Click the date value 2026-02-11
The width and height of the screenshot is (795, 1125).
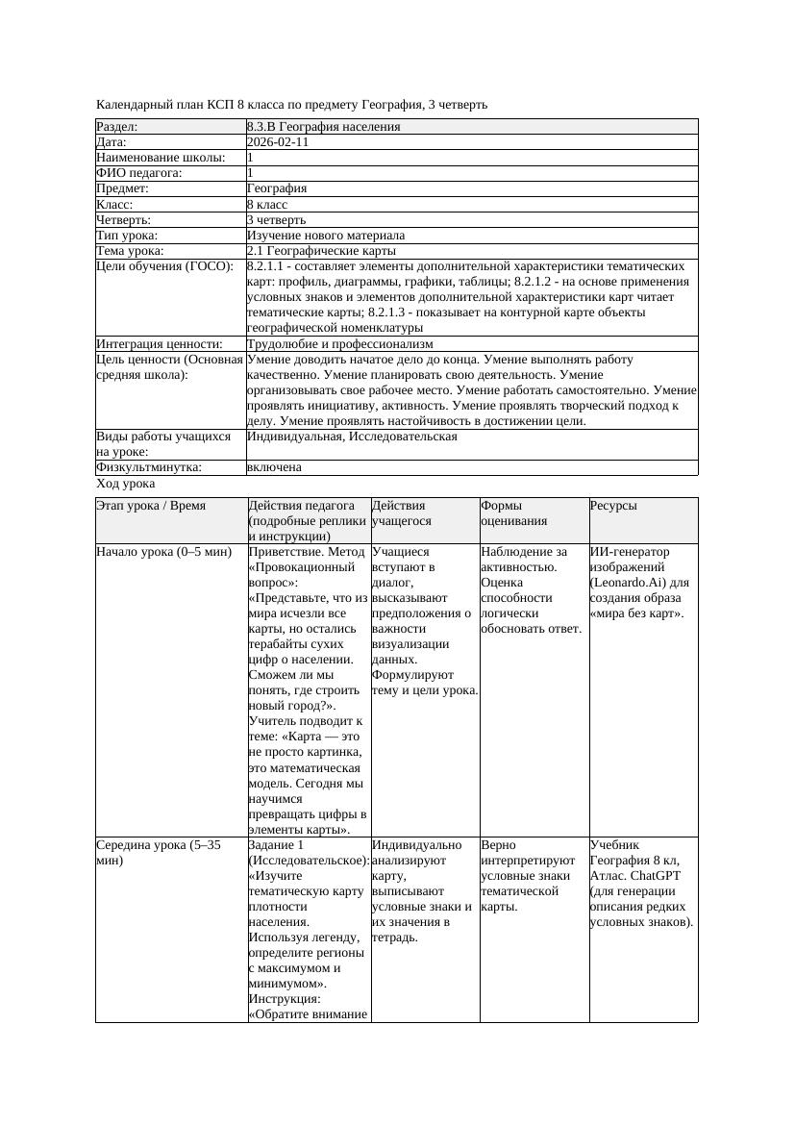click(278, 142)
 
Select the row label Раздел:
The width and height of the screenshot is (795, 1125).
click(117, 127)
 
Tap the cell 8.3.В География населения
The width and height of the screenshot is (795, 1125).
click(323, 127)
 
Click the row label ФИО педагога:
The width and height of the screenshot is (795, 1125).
click(139, 173)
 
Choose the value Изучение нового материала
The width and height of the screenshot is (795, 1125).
click(326, 236)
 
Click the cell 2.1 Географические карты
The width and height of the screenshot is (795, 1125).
click(314, 251)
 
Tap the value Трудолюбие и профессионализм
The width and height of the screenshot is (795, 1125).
click(339, 344)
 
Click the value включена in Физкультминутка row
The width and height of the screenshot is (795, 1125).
click(274, 467)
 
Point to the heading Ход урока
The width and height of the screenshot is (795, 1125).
click(126, 485)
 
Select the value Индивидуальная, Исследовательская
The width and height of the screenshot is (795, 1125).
click(352, 437)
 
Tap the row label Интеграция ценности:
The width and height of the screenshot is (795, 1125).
click(159, 344)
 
